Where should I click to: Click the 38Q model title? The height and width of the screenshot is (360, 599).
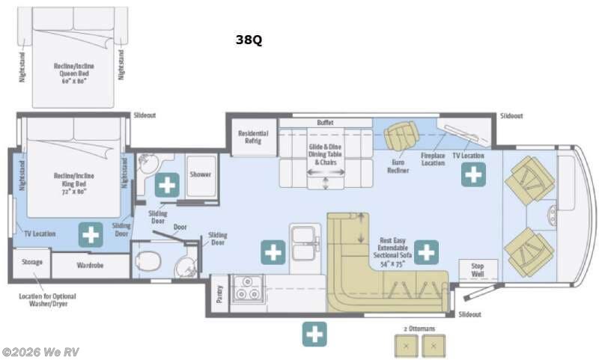249,40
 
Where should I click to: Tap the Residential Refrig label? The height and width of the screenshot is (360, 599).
253,141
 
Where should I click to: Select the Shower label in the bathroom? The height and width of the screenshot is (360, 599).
200,174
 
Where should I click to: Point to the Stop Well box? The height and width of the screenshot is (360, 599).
477,269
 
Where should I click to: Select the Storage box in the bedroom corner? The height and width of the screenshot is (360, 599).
31,263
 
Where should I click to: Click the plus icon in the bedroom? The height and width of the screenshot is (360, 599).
91,234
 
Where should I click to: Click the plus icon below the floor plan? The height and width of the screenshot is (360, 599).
314,334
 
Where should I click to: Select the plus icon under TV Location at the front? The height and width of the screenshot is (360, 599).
472,176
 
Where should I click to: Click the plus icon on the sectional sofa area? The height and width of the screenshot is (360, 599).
426,252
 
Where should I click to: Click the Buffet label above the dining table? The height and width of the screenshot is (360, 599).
325,122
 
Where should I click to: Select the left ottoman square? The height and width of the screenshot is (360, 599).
407,345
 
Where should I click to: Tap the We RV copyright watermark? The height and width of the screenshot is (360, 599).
40,352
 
